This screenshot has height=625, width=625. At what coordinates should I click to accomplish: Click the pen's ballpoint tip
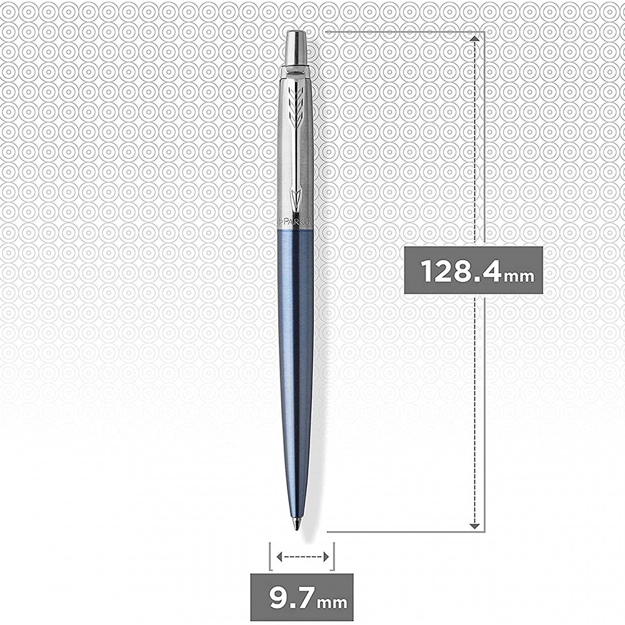[297, 528]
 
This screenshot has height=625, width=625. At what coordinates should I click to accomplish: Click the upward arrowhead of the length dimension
[474, 38]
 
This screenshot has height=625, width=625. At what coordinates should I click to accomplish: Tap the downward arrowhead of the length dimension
[474, 526]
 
